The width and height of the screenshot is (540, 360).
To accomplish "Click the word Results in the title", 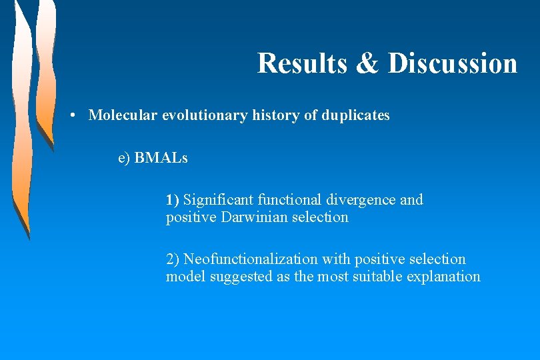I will (x=301, y=63).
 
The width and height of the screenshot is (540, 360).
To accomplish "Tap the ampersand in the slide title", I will (x=367, y=63).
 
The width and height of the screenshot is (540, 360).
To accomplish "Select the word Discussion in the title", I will (x=453, y=63).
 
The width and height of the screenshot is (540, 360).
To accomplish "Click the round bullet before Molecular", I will (x=79, y=115).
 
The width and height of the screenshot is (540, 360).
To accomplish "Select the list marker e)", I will (x=124, y=158).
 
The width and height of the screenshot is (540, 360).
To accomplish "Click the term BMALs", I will (x=161, y=158).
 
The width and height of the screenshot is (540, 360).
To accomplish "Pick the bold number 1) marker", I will (x=173, y=200).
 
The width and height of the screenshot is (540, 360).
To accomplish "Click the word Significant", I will (x=218, y=200).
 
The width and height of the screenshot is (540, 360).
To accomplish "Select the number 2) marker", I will (x=173, y=259).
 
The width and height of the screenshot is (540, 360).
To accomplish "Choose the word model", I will (x=186, y=277).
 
